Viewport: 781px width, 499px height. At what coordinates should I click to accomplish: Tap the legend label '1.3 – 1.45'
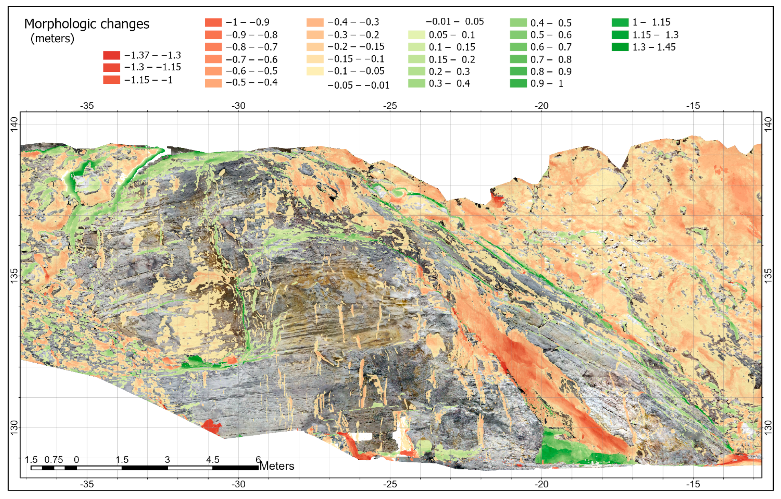coord(654,47)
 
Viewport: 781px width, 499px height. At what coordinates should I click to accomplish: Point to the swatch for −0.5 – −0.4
coord(213,83)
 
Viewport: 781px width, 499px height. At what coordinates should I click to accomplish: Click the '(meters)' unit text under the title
coord(52,39)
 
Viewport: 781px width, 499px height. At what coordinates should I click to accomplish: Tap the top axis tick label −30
coord(238,106)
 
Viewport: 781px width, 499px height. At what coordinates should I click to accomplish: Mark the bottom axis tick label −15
coord(693,484)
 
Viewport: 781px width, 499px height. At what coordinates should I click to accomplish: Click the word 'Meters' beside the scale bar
coord(277,466)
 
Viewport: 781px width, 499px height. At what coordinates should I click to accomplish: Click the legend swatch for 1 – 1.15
coord(620,22)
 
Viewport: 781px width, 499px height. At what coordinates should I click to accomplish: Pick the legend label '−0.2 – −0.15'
coord(355,47)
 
